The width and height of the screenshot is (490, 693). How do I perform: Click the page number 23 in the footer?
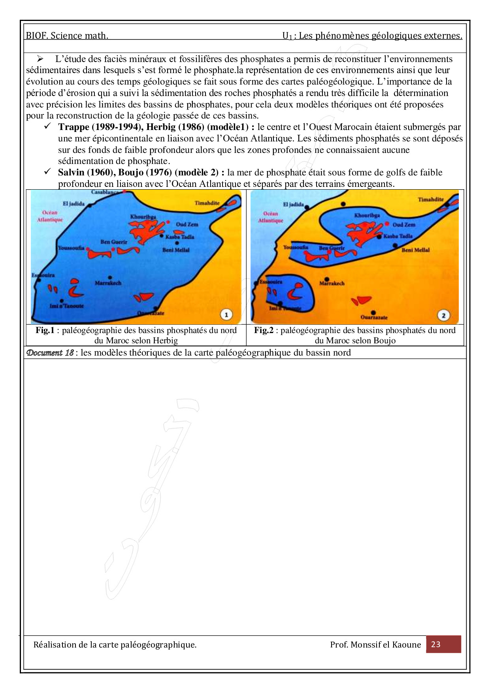[x=435, y=644]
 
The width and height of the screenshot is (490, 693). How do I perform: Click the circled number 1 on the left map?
[x=226, y=315]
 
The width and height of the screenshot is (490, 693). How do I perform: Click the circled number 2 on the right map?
[x=443, y=315]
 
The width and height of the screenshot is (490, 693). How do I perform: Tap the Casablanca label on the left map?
[x=105, y=192]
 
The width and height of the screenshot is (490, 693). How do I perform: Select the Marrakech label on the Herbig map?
[x=108, y=283]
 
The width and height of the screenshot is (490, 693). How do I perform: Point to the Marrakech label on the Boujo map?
[x=332, y=283]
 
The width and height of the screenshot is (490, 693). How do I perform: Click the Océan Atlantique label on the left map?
[x=50, y=216]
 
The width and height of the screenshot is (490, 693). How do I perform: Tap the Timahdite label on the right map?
[x=431, y=200]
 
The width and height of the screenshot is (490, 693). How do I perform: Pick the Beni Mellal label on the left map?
[x=176, y=250]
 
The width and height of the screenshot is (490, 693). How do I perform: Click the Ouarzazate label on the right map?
[x=374, y=317]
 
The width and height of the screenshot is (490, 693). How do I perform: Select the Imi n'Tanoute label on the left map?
[x=67, y=306]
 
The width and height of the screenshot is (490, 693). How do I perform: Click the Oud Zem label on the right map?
[x=404, y=224]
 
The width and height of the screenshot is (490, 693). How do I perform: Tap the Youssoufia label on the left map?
[x=71, y=248]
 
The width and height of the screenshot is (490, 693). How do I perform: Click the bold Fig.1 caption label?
[x=45, y=330]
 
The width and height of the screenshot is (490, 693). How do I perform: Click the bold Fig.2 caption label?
[x=263, y=330]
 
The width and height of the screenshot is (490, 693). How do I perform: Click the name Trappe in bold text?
[x=73, y=127]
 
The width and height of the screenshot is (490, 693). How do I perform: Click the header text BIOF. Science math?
[x=67, y=36]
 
